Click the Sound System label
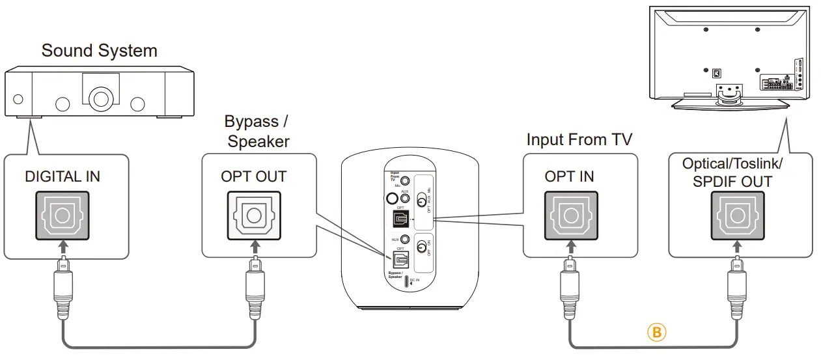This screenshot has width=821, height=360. point(99,51)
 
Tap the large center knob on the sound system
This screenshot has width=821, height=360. point(100,99)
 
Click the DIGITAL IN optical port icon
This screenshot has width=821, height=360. point(61,215)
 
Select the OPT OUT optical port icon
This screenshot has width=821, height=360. point(254,215)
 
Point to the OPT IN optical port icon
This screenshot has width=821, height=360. point(569,215)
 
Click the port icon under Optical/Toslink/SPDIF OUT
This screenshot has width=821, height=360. point(737,215)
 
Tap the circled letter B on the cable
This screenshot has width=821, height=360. point(657,333)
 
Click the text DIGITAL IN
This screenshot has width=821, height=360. point(63,176)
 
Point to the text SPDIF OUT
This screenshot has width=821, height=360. point(732,182)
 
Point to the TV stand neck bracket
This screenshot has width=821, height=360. point(728,92)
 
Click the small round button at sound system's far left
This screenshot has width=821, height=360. point(18,100)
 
